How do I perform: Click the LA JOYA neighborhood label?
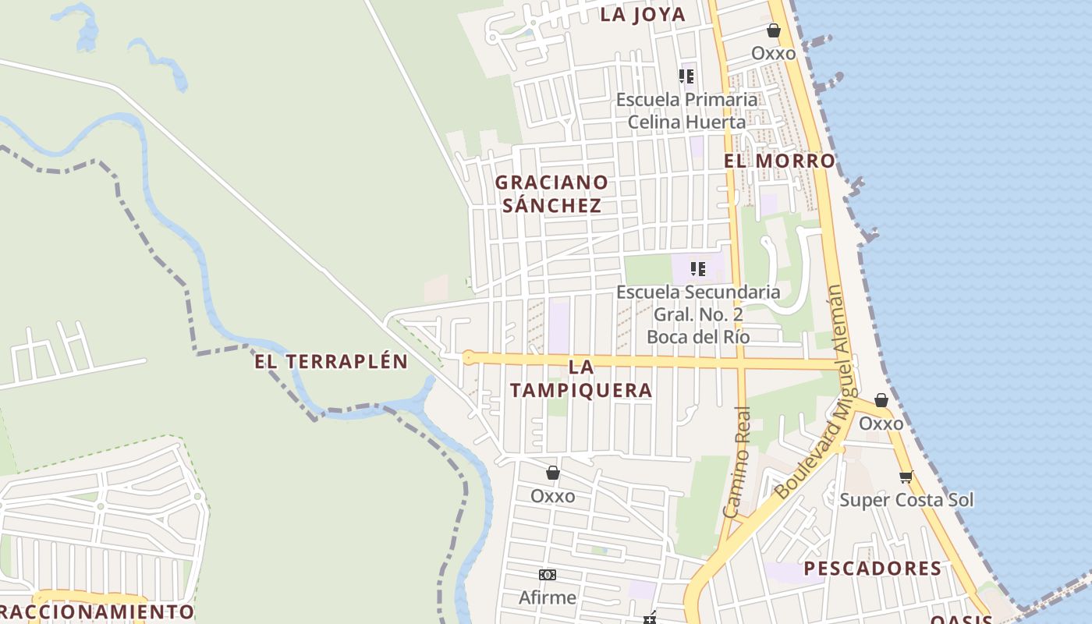(643, 14)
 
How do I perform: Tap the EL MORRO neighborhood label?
(779, 161)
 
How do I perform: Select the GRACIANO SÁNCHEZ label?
(551, 193)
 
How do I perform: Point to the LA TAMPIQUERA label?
(581, 378)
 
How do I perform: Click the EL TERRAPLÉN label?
(331, 361)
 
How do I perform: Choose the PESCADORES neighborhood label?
(873, 569)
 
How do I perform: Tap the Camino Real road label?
(737, 462)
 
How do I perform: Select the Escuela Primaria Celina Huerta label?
(686, 111)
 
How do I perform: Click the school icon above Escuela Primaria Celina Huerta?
(686, 76)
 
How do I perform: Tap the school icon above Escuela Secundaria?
(698, 269)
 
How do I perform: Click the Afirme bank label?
(548, 597)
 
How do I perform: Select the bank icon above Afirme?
(548, 575)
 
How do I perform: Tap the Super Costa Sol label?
(906, 500)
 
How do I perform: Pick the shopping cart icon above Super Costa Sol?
(906, 477)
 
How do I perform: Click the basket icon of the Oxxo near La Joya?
(774, 31)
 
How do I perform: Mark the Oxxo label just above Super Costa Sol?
(881, 424)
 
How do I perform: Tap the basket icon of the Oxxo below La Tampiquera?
(553, 473)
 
